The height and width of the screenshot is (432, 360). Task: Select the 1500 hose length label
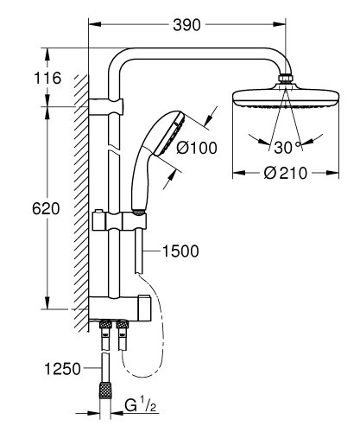(x=180, y=252)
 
